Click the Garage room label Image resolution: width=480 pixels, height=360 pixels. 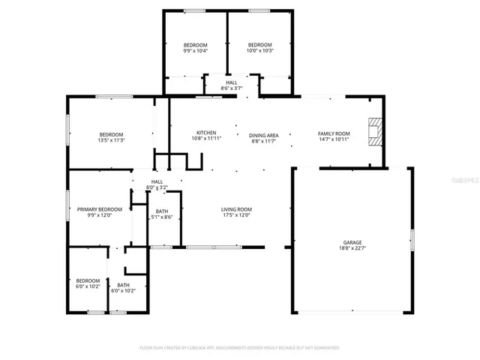[352, 242]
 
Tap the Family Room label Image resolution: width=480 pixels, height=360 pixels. [334, 133]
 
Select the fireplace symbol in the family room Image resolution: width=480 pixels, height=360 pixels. [373, 132]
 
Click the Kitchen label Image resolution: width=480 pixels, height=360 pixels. [206, 133]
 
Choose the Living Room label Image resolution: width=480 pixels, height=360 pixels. [235, 209]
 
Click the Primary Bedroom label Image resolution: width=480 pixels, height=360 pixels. [99, 209]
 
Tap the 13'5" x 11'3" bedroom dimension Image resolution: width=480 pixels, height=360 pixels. [111, 140]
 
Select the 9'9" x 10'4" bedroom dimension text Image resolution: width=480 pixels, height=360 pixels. [195, 51]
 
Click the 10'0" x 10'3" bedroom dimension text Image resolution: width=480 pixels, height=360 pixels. [260, 51]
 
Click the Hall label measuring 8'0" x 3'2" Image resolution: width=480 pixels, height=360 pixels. [157, 181]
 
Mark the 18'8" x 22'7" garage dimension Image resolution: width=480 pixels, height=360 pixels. [352, 248]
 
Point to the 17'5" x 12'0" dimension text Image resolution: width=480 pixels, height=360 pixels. [235, 215]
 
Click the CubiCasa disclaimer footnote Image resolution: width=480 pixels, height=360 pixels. [240, 347]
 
